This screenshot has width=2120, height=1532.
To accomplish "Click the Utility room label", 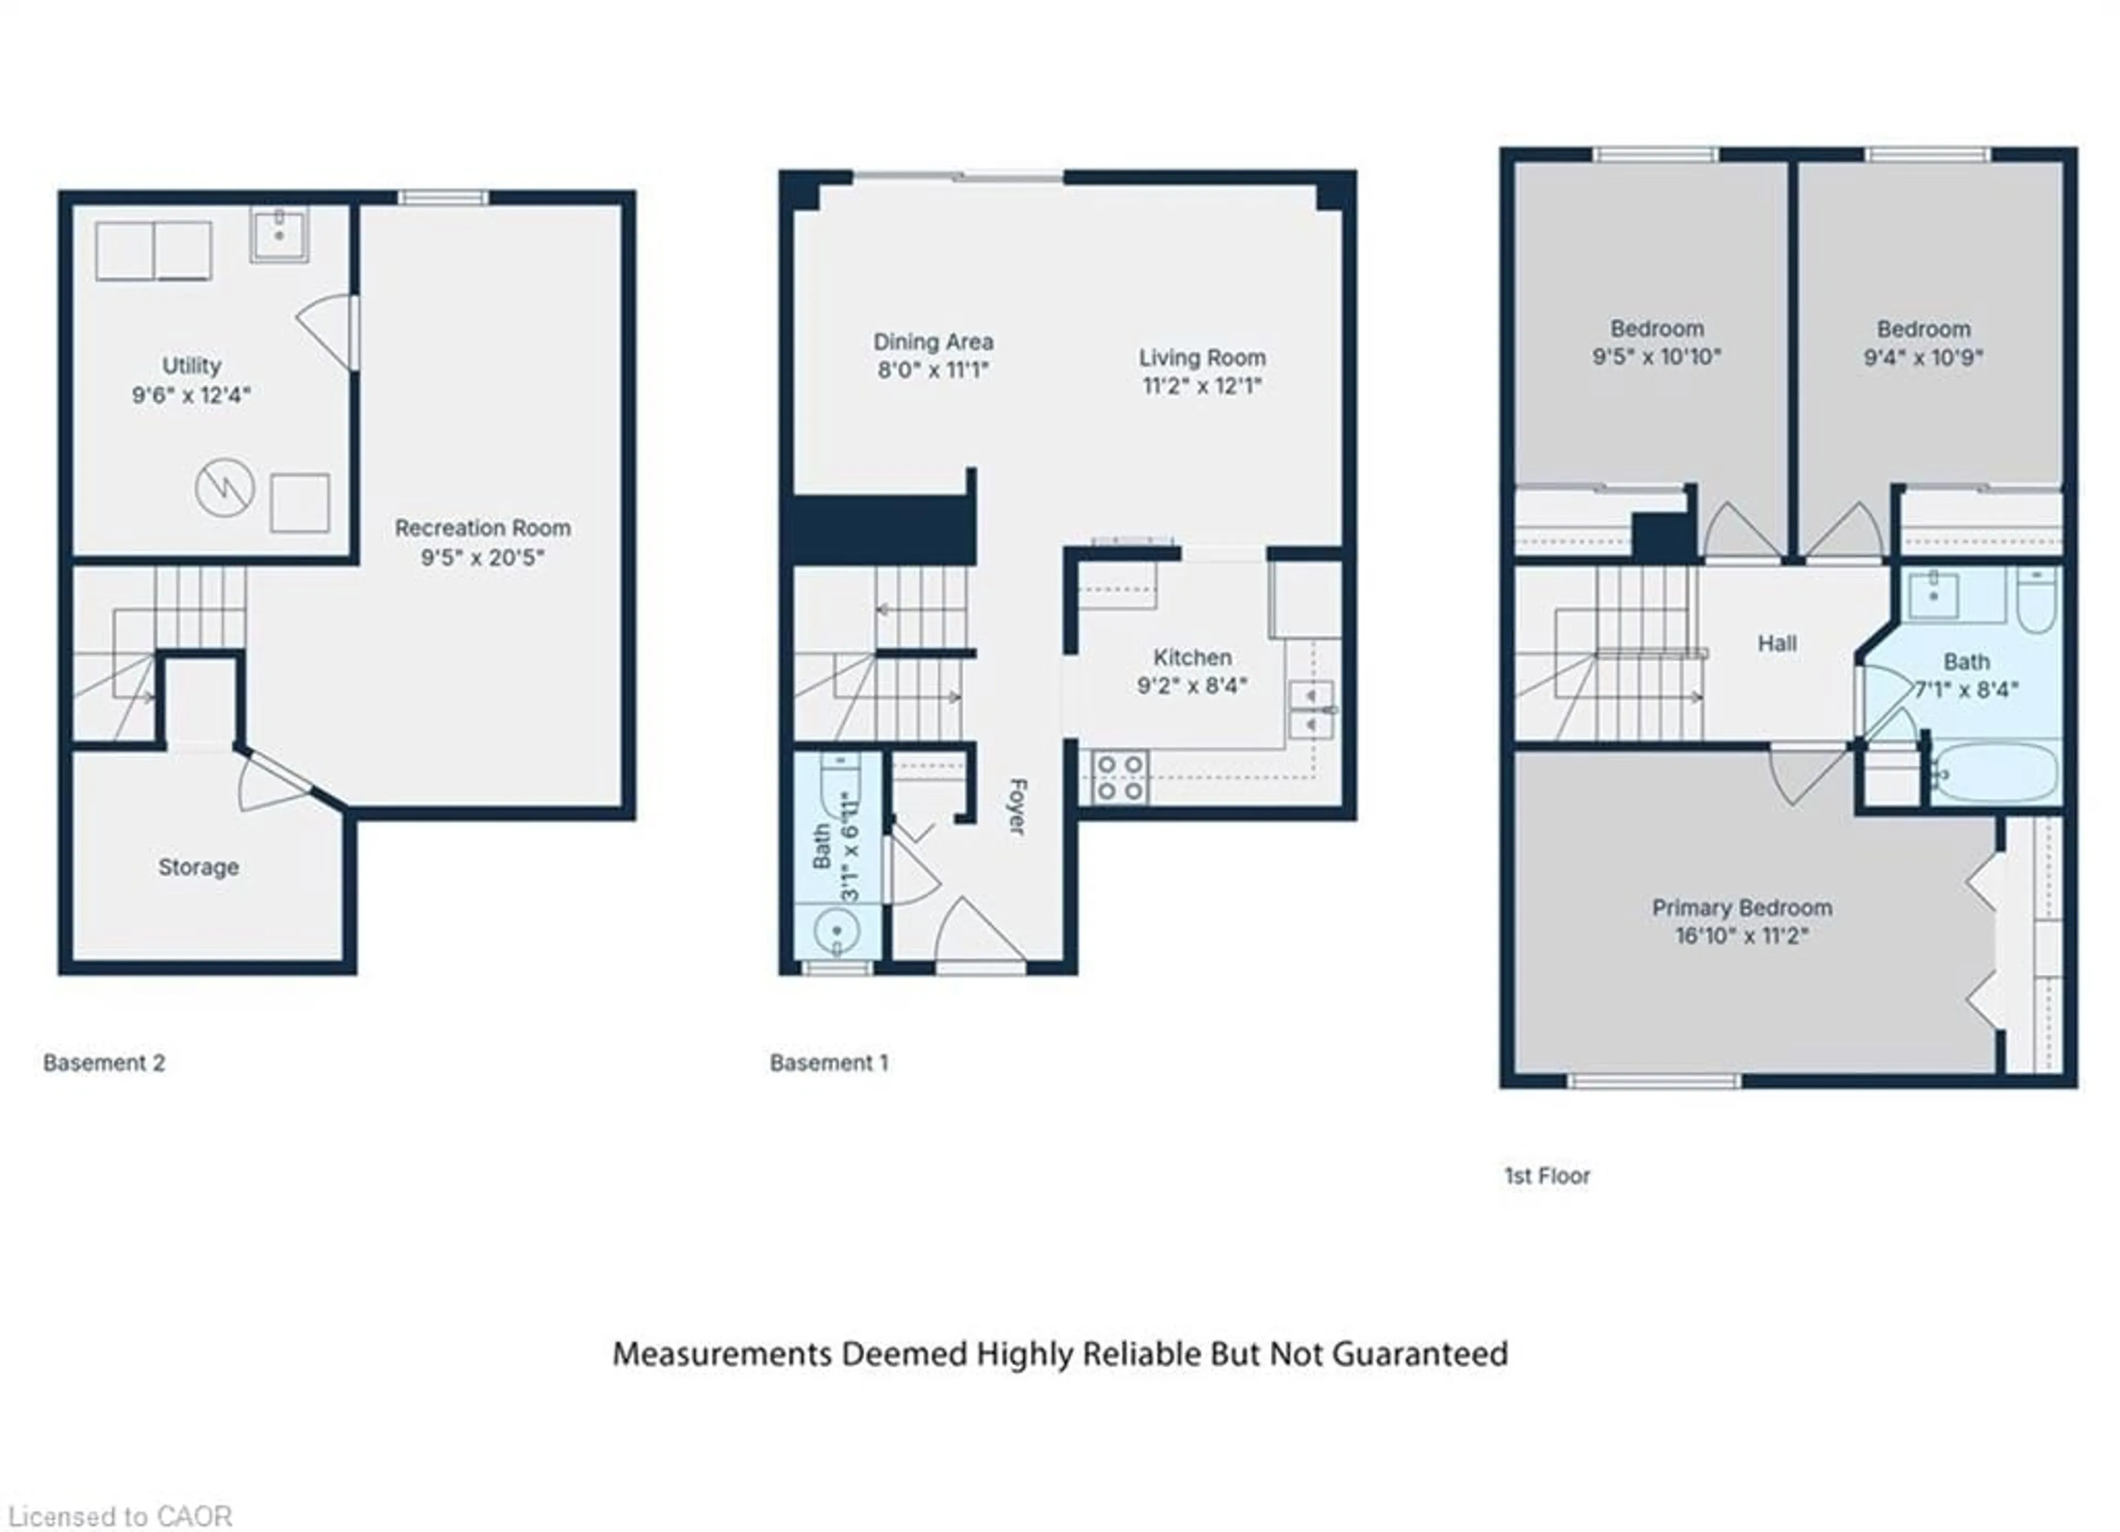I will point(192,365).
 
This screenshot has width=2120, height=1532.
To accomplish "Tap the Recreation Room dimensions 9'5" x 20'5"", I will point(483,558).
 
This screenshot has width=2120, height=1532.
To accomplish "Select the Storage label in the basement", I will point(198,867).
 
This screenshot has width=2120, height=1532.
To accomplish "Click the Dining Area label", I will point(933,342).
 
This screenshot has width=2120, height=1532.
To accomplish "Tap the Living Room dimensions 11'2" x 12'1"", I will point(1202,386).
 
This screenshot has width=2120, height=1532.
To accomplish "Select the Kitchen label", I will point(1192,657).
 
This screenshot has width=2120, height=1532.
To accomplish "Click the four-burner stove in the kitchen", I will point(1120,778).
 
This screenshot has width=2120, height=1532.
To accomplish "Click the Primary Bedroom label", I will point(1741,908).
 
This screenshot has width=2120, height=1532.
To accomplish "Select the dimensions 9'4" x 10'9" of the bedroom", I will point(1923,357).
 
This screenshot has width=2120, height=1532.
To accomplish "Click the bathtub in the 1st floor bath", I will point(1996,772).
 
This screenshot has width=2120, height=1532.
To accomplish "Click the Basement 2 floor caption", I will point(104,1063).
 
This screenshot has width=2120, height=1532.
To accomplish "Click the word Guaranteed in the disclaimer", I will point(1419,1354).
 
